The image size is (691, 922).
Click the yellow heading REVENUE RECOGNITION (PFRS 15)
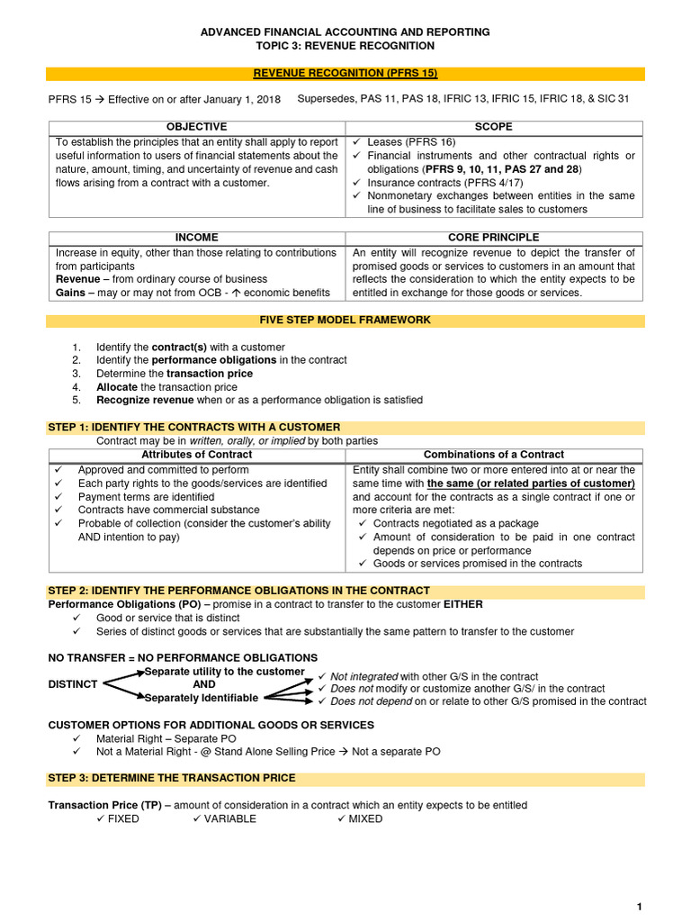[345, 74]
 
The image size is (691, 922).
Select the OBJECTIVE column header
[196, 127]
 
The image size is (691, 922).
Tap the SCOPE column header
[493, 127]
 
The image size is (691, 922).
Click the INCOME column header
[196, 238]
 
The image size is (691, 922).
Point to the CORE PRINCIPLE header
[493, 238]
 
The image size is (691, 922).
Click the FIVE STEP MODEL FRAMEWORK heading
[345, 321]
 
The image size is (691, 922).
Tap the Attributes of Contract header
[197, 455]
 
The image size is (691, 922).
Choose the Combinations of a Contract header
[494, 455]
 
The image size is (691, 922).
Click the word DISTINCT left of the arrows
[73, 684]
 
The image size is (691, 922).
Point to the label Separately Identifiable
[202, 698]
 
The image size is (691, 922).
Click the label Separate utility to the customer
[224, 672]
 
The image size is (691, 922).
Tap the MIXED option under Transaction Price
[366, 819]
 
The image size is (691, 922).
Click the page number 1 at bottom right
[639, 906]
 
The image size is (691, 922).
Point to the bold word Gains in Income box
[70, 294]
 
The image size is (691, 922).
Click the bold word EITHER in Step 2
[462, 605]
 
